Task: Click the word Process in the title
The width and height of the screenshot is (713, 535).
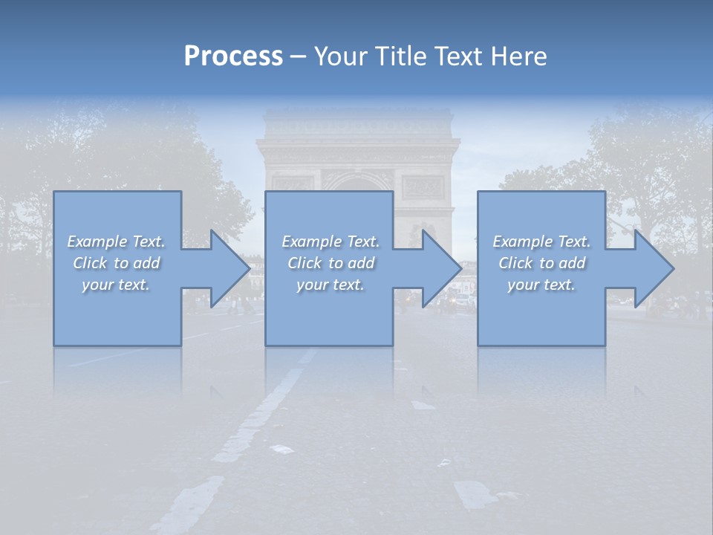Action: pyautogui.click(x=233, y=56)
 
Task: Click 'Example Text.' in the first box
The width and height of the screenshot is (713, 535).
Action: pyautogui.click(x=117, y=241)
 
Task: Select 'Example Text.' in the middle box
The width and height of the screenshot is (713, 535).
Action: pyautogui.click(x=331, y=241)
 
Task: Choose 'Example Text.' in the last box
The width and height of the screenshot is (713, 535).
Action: pyautogui.click(x=541, y=241)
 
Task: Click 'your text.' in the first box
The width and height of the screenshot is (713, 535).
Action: pyautogui.click(x=116, y=285)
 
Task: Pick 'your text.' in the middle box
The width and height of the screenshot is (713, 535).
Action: pyautogui.click(x=331, y=285)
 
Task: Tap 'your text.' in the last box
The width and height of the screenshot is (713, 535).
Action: pyautogui.click(x=541, y=285)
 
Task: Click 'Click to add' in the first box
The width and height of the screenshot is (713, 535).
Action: pyautogui.click(x=117, y=263)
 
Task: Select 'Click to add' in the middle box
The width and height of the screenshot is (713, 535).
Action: pyautogui.click(x=331, y=263)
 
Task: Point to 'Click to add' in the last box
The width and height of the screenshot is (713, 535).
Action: pyautogui.click(x=541, y=263)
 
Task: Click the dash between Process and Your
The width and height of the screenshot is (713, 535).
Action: pyautogui.click(x=299, y=56)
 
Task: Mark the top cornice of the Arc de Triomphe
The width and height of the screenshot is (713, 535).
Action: pyautogui.click(x=357, y=119)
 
